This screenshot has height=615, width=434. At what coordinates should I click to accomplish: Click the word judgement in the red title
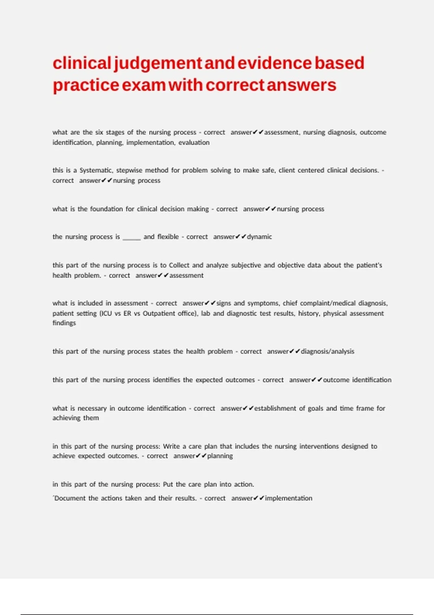(158, 64)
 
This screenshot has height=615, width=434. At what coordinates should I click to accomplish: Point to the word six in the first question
(99, 132)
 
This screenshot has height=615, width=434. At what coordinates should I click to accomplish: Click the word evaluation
(194, 143)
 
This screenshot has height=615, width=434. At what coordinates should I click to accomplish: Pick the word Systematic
(95, 170)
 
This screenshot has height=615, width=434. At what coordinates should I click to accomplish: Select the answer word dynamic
(259, 237)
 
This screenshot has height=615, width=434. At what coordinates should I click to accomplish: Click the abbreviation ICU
(106, 313)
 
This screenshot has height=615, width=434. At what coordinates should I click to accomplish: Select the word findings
(64, 323)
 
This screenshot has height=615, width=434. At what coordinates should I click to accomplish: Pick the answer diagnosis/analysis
(327, 352)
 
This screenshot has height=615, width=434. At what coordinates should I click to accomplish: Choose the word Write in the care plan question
(171, 446)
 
